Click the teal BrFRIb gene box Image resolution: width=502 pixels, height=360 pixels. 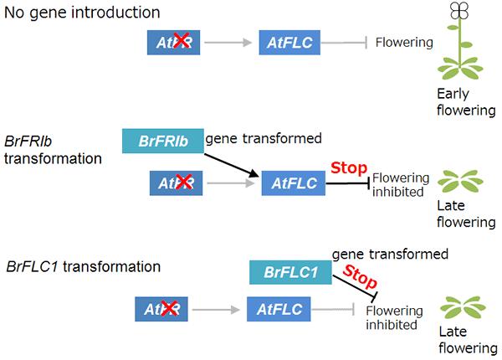pyautogui.click(x=161, y=140)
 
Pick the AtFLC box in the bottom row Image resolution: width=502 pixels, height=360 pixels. pyautogui.click(x=279, y=311)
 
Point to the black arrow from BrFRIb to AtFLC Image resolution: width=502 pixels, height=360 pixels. pyautogui.click(x=230, y=164)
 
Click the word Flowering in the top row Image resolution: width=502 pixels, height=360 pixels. pyautogui.click(x=404, y=42)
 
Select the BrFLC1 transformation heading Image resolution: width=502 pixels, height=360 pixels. pyautogui.click(x=83, y=267)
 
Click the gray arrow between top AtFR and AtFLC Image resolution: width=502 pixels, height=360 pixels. pyautogui.click(x=229, y=41)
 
